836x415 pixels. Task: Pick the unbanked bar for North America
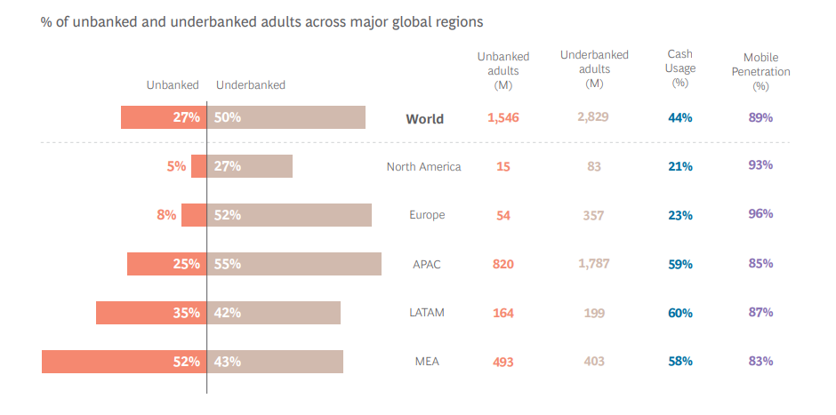[x=198, y=166]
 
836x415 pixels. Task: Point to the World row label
[x=424, y=119]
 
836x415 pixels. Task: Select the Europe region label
[x=427, y=215]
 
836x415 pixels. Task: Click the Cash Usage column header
[x=680, y=68]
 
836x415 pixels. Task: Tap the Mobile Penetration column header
[x=760, y=72]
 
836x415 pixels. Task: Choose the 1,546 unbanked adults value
[x=502, y=117]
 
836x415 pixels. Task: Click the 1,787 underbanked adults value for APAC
[x=594, y=264]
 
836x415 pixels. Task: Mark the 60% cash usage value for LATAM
[x=680, y=313]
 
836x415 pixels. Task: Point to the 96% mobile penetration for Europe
[x=760, y=214]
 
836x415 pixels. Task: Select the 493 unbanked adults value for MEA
[x=502, y=362]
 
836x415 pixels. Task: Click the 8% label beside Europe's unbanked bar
[x=166, y=215]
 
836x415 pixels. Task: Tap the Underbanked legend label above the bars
[x=251, y=85]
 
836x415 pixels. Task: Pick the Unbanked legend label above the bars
[x=173, y=85]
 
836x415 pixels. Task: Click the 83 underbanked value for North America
[x=594, y=166]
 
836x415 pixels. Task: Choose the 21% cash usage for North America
[x=680, y=166]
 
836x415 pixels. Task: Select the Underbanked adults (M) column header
[x=594, y=68]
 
